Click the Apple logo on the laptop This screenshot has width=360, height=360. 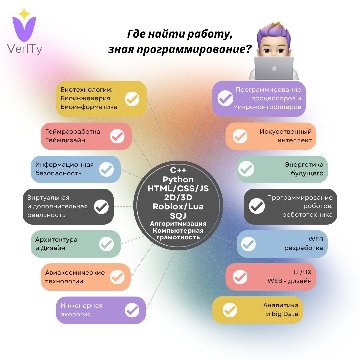(x=274, y=68)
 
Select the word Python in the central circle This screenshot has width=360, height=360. (x=178, y=180)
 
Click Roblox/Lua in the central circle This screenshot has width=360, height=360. (x=178, y=206)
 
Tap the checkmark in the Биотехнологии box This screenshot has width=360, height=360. (x=132, y=99)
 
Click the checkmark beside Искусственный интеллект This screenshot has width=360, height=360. (x=240, y=136)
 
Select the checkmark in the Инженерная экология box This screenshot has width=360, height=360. (x=132, y=310)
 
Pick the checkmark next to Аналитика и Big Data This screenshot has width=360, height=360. (x=230, y=310)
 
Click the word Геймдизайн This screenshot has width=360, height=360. (x=65, y=140)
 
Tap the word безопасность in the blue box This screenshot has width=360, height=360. (x=58, y=173)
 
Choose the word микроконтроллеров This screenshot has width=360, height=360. (x=267, y=107)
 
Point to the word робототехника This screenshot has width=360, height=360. (x=307, y=215)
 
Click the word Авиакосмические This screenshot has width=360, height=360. (x=75, y=272)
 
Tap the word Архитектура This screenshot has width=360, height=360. (x=56, y=239)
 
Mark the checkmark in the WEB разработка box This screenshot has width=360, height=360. (x=248, y=244)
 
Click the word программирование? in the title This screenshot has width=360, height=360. (x=180, y=49)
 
